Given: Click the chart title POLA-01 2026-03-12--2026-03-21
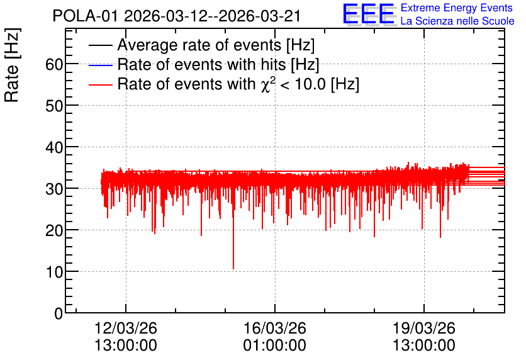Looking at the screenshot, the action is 176,16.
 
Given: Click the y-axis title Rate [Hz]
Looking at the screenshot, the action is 12,65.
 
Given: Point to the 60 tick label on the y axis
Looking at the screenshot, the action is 54,64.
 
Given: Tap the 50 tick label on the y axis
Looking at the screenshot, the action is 54,106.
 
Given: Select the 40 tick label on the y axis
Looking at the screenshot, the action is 54,147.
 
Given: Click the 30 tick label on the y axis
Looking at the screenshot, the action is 54,189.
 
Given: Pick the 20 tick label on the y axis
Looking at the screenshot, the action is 54,230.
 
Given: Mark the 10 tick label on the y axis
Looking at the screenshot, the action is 54,272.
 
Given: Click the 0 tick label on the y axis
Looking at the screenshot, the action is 59,313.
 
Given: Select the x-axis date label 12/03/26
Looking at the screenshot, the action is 126,328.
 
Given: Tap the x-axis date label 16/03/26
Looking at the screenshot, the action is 275,328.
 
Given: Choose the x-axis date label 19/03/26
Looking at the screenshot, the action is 424,328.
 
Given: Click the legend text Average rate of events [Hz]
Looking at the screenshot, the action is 216,45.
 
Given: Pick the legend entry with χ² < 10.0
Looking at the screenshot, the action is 238,84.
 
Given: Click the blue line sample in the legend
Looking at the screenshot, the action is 101,65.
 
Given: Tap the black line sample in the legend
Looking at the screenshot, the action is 101,46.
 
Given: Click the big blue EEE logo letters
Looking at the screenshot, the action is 369,14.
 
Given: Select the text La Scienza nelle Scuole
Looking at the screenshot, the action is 457,21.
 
